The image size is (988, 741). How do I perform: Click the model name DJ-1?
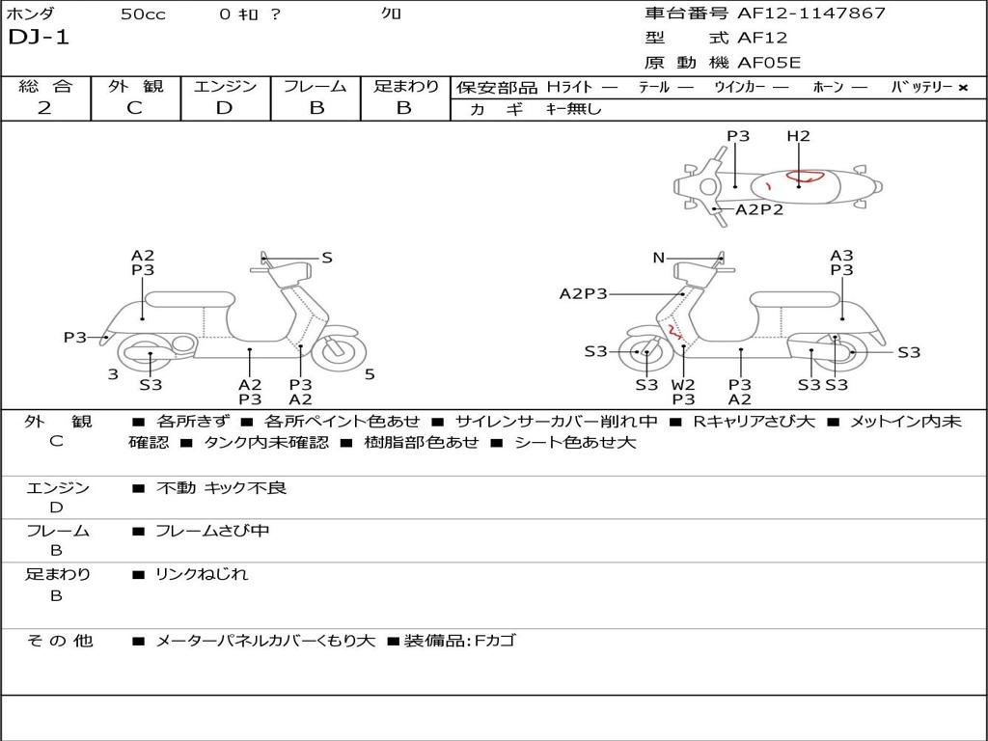(x=39, y=39)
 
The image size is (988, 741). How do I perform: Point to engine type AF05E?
(x=769, y=64)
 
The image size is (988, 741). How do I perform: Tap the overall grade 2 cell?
(x=44, y=108)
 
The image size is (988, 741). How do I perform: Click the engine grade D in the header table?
(x=224, y=108)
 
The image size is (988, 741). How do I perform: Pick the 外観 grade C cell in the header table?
(x=134, y=108)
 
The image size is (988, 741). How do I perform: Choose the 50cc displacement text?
(x=143, y=14)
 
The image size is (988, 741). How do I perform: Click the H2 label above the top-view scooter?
(x=798, y=136)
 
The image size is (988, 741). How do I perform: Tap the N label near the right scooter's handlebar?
(x=659, y=258)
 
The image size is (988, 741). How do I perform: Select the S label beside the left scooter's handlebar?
(x=327, y=258)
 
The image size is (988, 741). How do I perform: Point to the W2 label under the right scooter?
(x=683, y=385)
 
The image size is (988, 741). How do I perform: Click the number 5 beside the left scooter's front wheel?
(x=370, y=374)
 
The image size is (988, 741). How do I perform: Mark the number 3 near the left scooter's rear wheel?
(x=113, y=374)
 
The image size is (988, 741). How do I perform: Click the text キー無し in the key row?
(x=573, y=109)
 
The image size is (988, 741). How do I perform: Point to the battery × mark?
(x=962, y=88)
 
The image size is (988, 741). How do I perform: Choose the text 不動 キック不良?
(x=221, y=488)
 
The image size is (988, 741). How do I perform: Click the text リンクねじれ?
(x=202, y=574)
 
